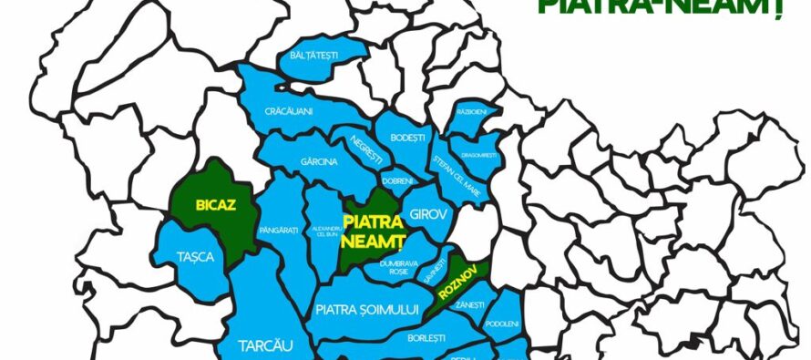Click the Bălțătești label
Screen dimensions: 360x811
(313, 56)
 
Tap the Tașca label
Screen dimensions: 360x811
(196, 257)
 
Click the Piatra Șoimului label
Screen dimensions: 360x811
(366, 310)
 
